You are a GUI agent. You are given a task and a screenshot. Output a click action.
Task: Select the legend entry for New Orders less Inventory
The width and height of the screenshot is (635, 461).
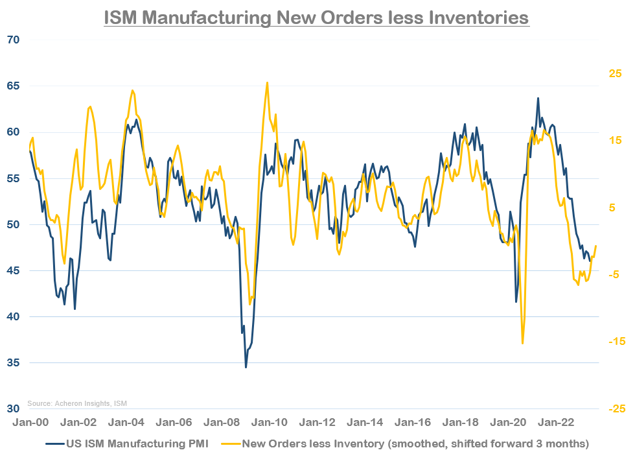(415, 444)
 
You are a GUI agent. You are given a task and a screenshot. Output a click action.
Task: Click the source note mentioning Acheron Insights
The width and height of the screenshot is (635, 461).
(77, 403)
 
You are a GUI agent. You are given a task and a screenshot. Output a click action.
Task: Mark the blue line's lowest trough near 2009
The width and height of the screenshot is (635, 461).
(246, 367)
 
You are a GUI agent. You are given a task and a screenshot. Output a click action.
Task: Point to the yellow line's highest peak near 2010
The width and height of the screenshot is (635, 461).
(267, 82)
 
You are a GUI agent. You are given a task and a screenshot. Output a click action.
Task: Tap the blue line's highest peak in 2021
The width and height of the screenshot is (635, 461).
(538, 98)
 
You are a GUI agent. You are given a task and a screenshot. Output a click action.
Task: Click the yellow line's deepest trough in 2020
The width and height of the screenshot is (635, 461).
(522, 344)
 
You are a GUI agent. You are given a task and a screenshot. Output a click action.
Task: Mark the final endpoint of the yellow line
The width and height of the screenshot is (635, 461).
(595, 246)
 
